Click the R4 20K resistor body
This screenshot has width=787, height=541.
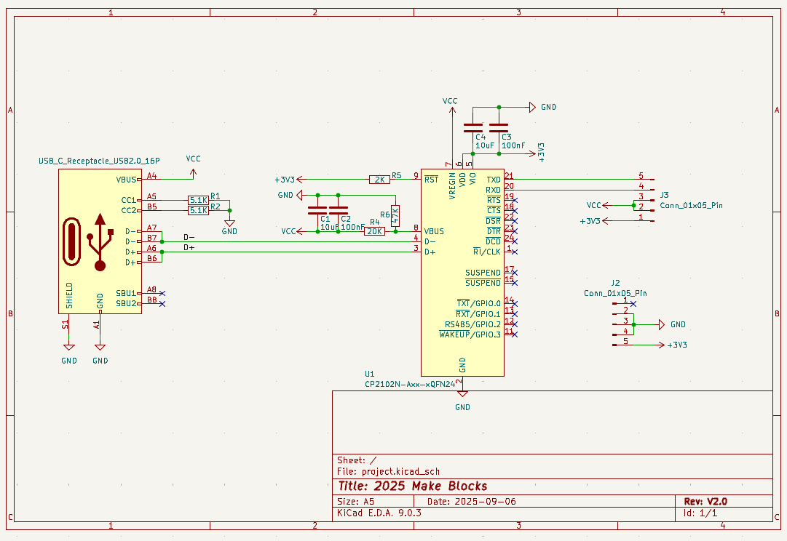click(374, 231)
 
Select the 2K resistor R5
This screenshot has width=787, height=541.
click(379, 180)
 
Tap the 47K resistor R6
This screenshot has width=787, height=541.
click(395, 215)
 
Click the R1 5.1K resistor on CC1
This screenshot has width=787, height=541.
click(198, 200)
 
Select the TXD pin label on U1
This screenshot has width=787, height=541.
click(494, 180)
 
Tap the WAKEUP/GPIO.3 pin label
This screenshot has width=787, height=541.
click(470, 334)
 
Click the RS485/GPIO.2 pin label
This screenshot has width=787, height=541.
click(472, 324)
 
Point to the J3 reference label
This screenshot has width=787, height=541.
click(665, 195)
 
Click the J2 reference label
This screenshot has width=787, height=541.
click(615, 283)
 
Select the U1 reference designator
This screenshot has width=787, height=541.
click(369, 372)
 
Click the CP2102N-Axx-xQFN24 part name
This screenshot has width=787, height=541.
click(410, 383)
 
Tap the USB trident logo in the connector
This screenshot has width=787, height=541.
click(100, 241)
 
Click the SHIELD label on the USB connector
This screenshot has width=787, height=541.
click(69, 296)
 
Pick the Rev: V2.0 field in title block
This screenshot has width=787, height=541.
click(705, 501)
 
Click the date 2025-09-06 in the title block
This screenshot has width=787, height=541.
click(481, 502)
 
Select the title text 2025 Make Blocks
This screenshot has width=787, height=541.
click(412, 486)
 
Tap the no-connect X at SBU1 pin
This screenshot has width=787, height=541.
click(162, 293)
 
